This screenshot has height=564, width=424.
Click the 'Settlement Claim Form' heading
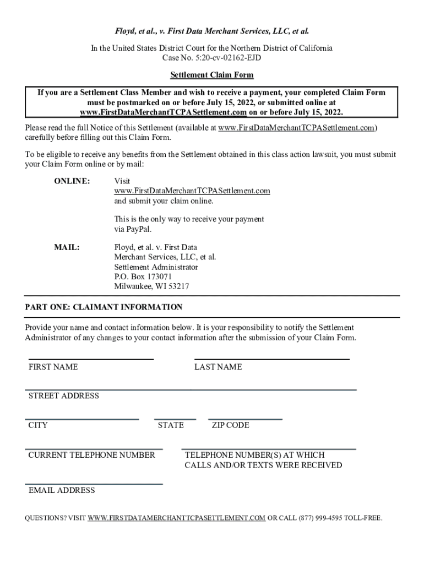pos(212,75)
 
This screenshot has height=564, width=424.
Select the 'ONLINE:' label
pos(72,181)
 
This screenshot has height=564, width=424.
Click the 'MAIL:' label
pos(67,247)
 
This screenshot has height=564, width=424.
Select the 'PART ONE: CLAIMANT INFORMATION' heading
pos(104,307)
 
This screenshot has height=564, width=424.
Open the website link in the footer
pos(176,518)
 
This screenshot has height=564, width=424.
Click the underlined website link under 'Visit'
pos(192,191)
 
